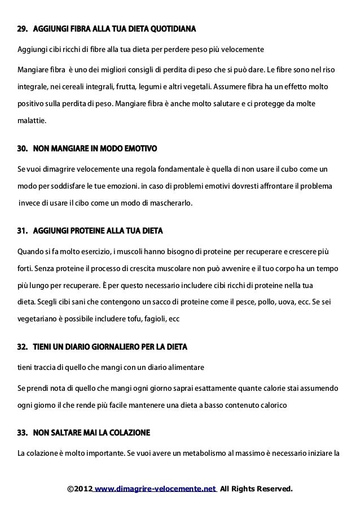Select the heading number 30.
click(23, 149)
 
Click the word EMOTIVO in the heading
click(139, 149)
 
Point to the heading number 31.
click(23, 232)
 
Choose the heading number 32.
click(23, 345)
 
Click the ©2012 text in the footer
click(80, 488)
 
